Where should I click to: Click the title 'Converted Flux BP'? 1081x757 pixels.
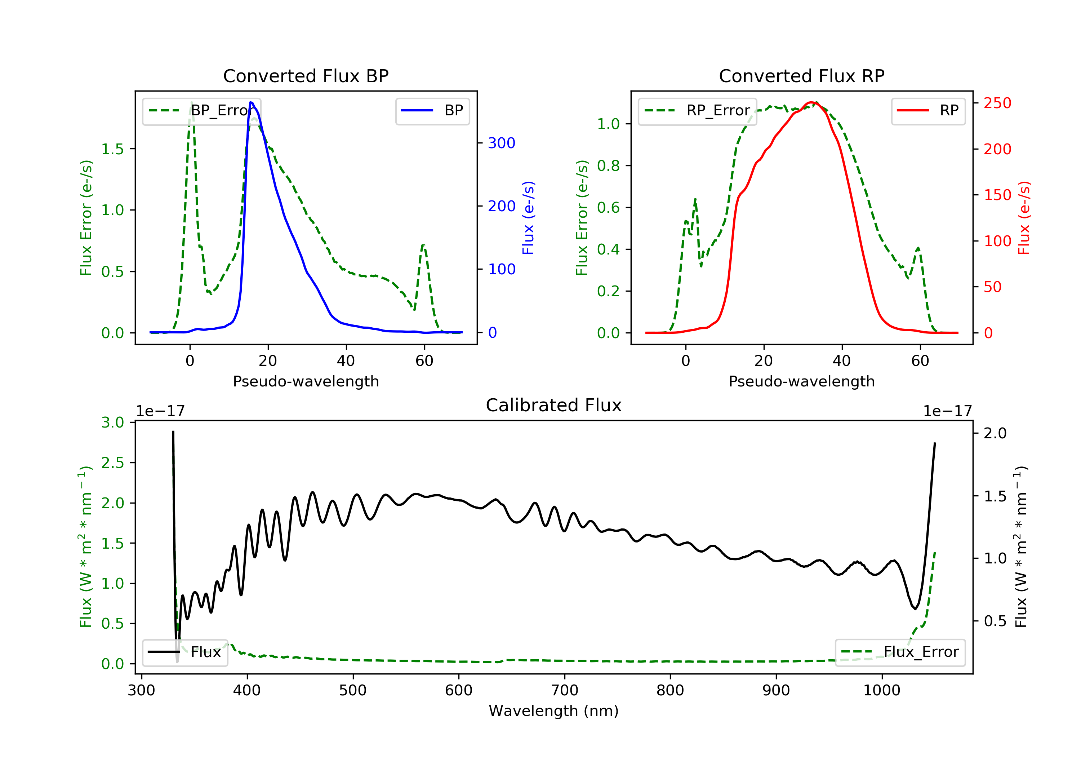[x=306, y=76]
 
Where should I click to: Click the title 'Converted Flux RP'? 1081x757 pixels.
[x=802, y=76]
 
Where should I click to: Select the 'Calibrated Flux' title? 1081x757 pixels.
[x=554, y=405]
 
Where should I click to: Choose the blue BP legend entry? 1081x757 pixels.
[x=432, y=110]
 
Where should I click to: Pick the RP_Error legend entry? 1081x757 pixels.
[x=697, y=110]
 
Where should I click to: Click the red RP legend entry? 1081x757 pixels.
[x=928, y=110]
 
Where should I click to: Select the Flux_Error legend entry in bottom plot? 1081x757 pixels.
[x=900, y=652]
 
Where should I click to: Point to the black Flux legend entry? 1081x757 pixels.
[x=184, y=652]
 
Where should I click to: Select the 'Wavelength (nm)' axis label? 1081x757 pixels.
[x=554, y=711]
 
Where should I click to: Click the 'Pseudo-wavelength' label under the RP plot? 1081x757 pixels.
[x=802, y=381]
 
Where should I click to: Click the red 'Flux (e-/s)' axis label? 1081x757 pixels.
[x=1024, y=218]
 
